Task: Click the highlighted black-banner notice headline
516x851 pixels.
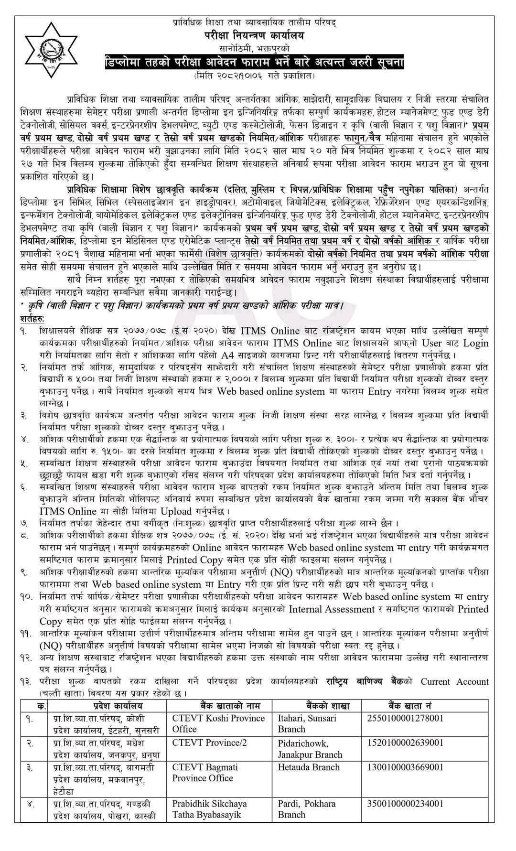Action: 255,63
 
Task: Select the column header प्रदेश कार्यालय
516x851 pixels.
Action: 108,705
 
